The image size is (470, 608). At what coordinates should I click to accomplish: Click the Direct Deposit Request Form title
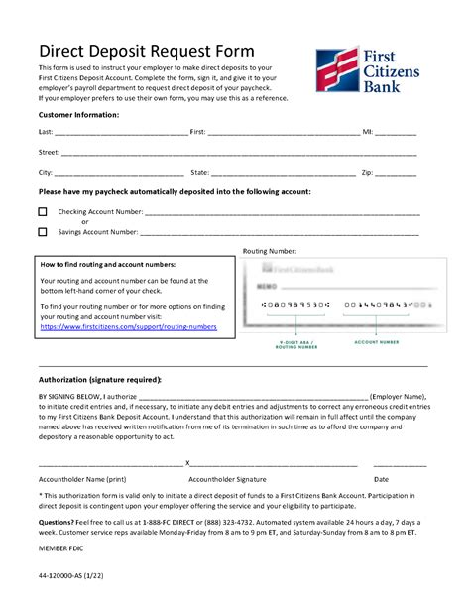coord(146,51)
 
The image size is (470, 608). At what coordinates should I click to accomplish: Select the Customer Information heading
coord(78,115)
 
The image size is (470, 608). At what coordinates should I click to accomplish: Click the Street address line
coord(238,153)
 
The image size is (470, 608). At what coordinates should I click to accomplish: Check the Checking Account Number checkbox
coord(43,212)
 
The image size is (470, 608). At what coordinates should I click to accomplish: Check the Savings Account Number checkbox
coord(43,232)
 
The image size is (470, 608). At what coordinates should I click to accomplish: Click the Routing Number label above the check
coord(269,252)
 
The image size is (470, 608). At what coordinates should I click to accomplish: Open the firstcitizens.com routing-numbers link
coord(128,326)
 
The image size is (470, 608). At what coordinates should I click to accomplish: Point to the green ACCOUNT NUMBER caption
coord(376,342)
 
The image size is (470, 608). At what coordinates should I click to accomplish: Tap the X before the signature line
coord(187,463)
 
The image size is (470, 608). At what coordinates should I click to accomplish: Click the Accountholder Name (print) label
coord(81,479)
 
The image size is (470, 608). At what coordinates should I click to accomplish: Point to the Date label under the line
coord(381,479)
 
